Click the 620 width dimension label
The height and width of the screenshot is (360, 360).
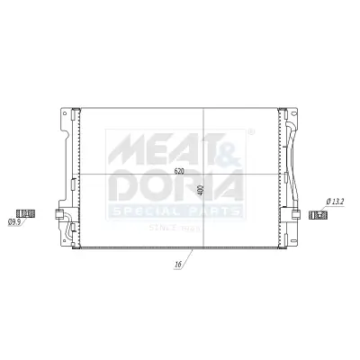click(178, 170)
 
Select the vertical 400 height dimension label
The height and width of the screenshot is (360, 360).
click(201, 191)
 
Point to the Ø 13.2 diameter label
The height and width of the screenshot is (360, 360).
click(336, 202)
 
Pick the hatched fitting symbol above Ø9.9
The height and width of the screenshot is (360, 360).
click(26, 211)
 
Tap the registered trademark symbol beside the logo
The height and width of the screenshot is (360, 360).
click(249, 132)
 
